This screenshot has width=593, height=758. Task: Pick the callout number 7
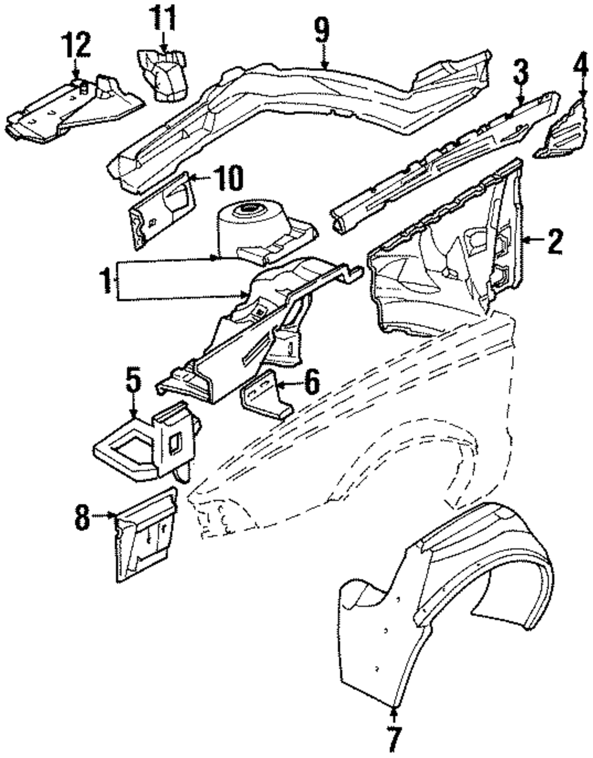point(394,738)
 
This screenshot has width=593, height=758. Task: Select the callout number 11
point(162,18)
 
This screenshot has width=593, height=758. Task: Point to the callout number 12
point(77,45)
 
